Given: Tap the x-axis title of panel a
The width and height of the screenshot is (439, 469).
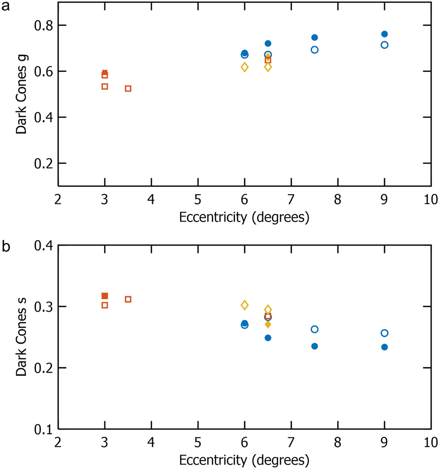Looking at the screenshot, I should [x=244, y=217].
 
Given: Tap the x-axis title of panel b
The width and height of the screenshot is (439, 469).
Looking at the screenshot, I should [x=244, y=460].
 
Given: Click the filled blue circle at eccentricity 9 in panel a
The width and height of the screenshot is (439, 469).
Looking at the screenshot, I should [x=385, y=34].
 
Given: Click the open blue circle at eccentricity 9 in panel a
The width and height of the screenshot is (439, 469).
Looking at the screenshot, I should [x=385, y=45].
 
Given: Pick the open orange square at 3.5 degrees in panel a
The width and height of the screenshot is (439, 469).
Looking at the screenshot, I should [x=128, y=89].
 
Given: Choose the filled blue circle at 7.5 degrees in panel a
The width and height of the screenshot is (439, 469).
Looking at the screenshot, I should [x=314, y=38].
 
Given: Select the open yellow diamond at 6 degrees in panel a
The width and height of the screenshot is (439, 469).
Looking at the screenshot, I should [x=245, y=67].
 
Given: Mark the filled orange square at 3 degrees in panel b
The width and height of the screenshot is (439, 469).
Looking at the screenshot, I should [x=105, y=296].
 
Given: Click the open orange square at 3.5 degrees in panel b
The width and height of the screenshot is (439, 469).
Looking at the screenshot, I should [x=128, y=299].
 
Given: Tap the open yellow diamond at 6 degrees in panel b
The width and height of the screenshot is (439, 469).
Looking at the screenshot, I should [x=245, y=305].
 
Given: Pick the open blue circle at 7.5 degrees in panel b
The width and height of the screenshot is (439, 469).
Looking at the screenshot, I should [x=314, y=329].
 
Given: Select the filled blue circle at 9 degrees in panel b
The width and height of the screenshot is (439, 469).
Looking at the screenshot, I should [x=385, y=347].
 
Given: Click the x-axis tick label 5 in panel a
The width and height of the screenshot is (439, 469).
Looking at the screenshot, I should [x=198, y=200].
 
